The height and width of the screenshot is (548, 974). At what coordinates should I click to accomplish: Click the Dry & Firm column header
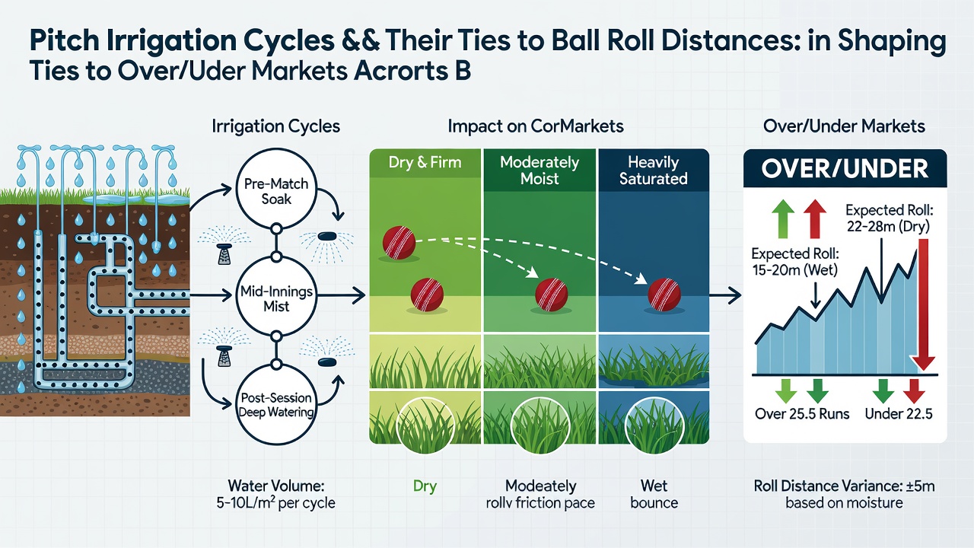click(425, 162)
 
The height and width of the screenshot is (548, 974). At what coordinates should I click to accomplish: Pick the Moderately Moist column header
click(540, 170)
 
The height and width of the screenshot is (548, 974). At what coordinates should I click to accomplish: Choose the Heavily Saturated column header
click(653, 170)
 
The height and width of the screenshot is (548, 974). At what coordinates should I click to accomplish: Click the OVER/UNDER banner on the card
click(845, 169)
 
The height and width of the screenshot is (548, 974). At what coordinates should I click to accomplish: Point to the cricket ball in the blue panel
click(664, 295)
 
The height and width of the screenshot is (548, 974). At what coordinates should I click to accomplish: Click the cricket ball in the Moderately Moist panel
click(552, 295)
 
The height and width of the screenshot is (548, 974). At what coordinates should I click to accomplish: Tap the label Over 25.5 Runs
click(802, 413)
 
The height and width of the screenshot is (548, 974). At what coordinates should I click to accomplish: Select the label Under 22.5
click(899, 413)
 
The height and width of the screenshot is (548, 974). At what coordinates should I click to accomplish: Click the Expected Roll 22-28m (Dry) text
click(890, 218)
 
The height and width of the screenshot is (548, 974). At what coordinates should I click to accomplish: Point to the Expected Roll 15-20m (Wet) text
click(795, 262)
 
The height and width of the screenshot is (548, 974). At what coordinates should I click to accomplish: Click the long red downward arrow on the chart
click(923, 304)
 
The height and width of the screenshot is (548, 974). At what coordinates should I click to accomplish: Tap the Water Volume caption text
click(276, 494)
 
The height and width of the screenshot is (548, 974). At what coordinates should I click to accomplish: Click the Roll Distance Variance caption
click(844, 494)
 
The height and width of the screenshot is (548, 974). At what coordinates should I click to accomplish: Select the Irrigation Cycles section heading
click(276, 126)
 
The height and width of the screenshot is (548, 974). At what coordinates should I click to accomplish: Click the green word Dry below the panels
click(425, 486)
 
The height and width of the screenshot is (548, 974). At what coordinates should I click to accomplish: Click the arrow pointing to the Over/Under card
click(725, 295)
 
